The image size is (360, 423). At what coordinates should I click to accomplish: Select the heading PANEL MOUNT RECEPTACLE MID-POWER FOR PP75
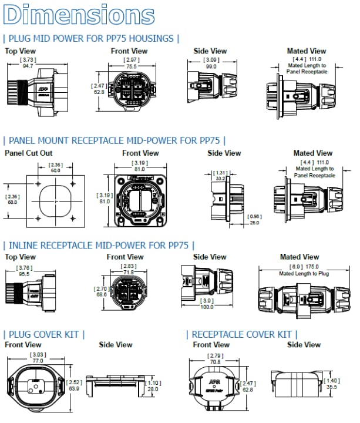[x=115, y=141]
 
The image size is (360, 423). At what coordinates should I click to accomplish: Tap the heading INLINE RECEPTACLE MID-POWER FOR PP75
[x=99, y=245]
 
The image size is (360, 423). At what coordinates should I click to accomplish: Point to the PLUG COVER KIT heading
[x=45, y=334]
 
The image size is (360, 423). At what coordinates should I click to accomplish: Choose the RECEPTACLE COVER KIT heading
[x=242, y=334]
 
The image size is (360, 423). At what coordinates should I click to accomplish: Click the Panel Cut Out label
[x=28, y=153]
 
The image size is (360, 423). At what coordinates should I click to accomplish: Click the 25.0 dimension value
[x=254, y=223]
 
